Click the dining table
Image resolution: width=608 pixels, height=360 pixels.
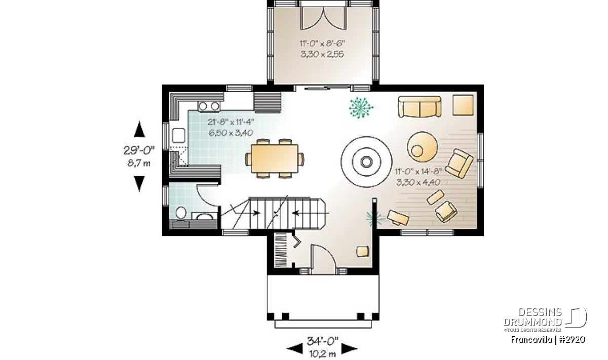(275, 158)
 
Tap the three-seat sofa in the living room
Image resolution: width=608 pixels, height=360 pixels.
(420, 107)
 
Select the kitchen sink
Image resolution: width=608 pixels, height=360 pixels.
(178, 135)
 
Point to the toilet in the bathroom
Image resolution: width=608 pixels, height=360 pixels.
(181, 214)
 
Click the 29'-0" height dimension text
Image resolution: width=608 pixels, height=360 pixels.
(139, 150)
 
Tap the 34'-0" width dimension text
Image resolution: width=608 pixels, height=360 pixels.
(322, 341)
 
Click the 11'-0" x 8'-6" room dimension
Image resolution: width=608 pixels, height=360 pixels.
(322, 44)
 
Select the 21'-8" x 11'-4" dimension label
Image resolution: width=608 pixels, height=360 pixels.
(231, 122)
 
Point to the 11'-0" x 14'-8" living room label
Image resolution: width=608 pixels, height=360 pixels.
(419, 172)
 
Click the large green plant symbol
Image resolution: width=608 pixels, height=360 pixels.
(361, 108)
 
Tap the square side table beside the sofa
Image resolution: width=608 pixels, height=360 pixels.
(463, 105)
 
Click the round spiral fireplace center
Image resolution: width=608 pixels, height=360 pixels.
(366, 162)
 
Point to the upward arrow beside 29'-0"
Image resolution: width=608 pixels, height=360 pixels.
(139, 129)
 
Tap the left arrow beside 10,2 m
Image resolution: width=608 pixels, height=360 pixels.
(295, 348)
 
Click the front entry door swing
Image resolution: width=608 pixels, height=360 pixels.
(324, 256)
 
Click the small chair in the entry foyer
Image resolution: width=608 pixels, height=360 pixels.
(363, 251)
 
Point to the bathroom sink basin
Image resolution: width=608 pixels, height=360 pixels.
(205, 217)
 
